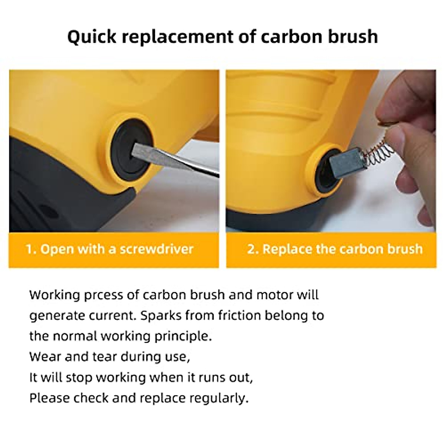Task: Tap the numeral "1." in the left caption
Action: (31, 249)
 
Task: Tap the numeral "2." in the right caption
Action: (253, 249)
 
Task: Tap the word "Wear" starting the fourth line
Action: (44, 357)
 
